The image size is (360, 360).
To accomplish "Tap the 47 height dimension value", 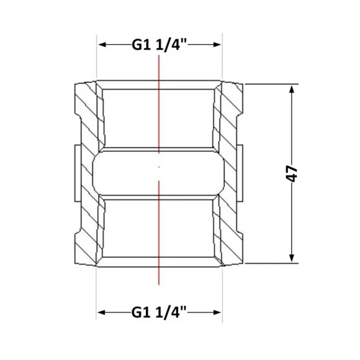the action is pos(292,173).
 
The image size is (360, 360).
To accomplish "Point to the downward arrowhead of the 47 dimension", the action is pos(292,258).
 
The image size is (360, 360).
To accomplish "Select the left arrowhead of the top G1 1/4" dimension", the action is pos(102,44).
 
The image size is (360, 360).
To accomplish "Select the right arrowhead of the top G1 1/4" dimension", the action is pos(217,44).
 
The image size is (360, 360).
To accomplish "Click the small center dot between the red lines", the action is pos(159,167).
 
